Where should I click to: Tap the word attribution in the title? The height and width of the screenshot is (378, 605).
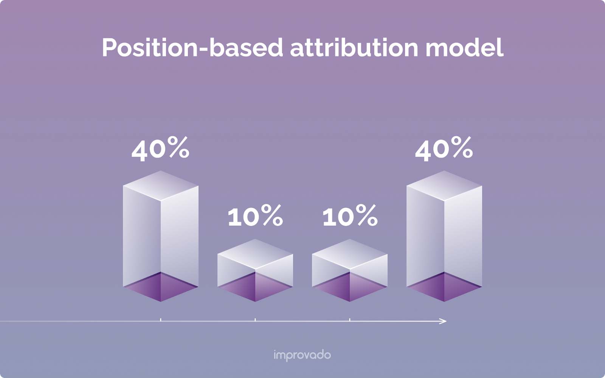point(354,48)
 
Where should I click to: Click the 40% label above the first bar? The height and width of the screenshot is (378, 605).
point(160,149)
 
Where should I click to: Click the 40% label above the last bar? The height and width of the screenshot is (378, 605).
point(444,149)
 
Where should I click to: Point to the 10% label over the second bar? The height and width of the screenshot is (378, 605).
point(255,216)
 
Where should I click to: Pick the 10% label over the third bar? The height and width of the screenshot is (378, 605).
point(350,216)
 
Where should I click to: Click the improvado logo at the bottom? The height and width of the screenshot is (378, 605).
point(302,355)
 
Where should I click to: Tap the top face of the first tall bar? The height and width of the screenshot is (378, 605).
point(161,185)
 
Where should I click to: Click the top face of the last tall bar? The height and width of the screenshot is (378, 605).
point(444,185)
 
